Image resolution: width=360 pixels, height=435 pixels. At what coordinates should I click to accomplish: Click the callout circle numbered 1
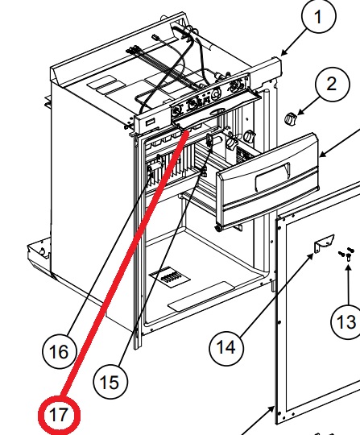point(319,16)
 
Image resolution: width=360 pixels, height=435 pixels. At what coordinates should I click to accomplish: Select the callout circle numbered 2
point(333,85)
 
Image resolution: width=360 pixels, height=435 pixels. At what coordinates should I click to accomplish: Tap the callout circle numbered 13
point(346,321)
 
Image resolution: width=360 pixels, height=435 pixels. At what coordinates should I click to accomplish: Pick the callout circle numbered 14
point(226,347)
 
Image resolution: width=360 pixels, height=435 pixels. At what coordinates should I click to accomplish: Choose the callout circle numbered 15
point(110,382)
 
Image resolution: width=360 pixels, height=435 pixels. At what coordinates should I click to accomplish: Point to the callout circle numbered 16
point(59,351)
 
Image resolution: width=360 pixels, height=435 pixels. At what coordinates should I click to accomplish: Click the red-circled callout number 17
point(59,415)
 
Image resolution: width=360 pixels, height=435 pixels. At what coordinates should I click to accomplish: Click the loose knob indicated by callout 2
point(290,118)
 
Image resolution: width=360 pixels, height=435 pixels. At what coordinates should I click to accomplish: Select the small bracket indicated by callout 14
point(324,243)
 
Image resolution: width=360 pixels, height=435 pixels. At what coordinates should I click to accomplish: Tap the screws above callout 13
point(346,253)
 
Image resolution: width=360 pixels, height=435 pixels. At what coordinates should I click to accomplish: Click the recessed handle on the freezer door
point(273,176)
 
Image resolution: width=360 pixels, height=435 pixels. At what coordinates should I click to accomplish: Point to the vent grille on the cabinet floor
point(169,276)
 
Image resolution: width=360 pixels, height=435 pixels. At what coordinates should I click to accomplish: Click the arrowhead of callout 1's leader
point(283,52)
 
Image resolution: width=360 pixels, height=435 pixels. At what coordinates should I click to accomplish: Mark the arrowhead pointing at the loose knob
point(300,113)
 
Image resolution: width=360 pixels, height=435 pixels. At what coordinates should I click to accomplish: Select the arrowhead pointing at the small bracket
point(311,256)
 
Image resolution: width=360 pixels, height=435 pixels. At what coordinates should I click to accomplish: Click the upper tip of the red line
point(187,131)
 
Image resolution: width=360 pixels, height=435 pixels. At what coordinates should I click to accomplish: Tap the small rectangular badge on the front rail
point(150,122)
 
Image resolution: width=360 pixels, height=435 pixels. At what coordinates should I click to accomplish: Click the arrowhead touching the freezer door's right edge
point(322,155)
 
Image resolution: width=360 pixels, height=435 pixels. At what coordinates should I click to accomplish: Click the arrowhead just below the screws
point(349,267)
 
